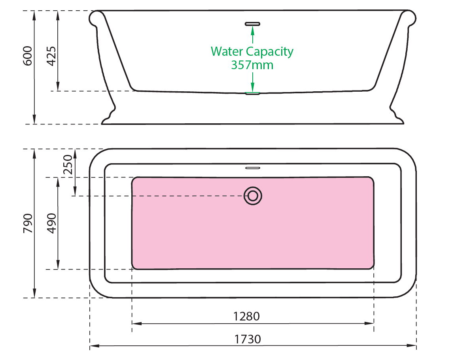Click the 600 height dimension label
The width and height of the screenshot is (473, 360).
click(27, 56)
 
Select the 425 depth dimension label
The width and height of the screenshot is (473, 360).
click(51, 56)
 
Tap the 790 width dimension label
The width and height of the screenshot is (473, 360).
click(27, 223)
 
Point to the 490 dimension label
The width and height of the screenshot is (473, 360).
click(51, 223)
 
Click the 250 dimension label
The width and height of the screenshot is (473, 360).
click(68, 164)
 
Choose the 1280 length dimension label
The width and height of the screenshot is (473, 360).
click(246, 316)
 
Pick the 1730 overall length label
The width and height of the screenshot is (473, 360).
click(248, 339)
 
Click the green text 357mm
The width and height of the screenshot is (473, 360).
click(252, 65)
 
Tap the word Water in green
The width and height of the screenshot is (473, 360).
click(227, 51)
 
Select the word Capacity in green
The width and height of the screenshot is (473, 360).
click(270, 52)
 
